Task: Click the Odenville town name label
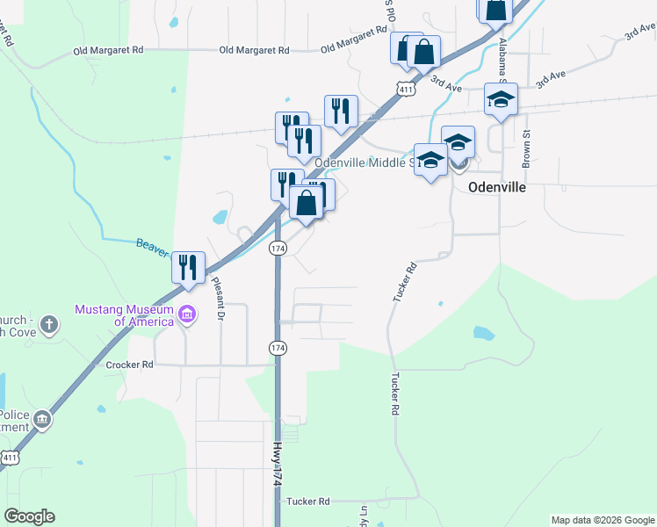coord(496,187)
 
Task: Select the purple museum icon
coord(186,314)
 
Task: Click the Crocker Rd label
coord(129,364)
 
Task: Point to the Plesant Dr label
coord(219,298)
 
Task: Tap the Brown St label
coord(527,149)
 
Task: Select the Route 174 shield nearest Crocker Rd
coord(278,349)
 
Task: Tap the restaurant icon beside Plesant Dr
coord(188,267)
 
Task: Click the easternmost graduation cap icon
coord(501,99)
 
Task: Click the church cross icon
coord(49,325)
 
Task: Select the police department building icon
coord(40,422)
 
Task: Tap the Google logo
coord(29,516)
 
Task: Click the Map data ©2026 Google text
coord(602,520)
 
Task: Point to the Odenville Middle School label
coord(365,163)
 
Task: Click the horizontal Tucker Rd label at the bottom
coord(307,502)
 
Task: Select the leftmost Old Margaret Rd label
coord(108,51)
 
